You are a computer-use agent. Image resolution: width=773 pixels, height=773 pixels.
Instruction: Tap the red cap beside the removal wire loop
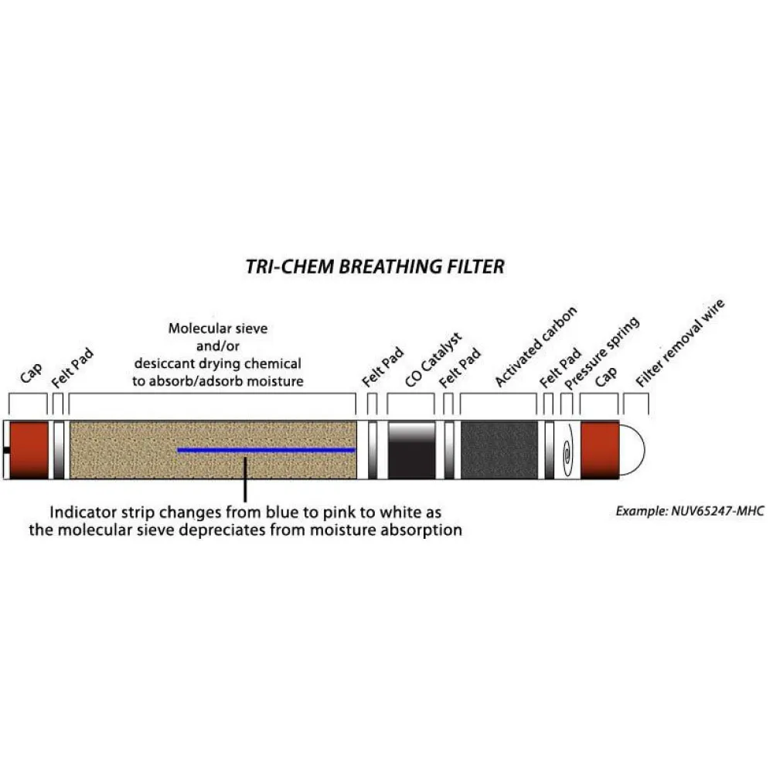click(x=600, y=449)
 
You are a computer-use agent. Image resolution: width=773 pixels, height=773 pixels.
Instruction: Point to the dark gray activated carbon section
click(x=499, y=449)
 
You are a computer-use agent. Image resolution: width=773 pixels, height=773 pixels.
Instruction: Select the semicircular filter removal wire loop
click(x=632, y=450)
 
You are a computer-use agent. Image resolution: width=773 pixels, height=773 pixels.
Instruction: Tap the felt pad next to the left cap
click(x=59, y=449)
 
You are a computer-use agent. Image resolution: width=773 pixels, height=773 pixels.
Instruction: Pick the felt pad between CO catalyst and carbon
click(x=449, y=449)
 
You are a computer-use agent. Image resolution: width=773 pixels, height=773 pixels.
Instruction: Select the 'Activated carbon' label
click(x=535, y=346)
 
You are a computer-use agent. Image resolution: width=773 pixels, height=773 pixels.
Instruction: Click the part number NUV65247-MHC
click(x=715, y=511)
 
